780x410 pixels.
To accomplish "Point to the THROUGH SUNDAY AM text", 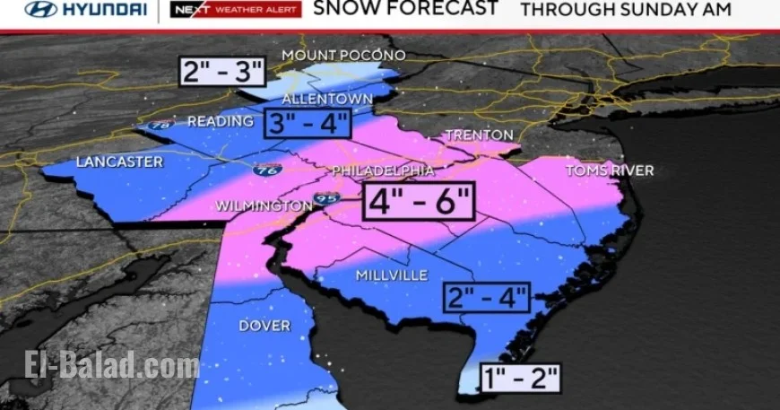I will pyautogui.click(x=626, y=10).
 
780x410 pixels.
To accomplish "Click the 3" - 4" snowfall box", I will pyautogui.click(x=306, y=123).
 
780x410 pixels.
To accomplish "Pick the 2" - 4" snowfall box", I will pyautogui.click(x=488, y=296).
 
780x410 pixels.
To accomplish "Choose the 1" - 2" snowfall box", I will pyautogui.click(x=519, y=377).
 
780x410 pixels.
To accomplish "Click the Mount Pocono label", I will pyautogui.click(x=343, y=56).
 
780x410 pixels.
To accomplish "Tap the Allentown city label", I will pyautogui.click(x=327, y=97).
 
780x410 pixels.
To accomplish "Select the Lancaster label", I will pyautogui.click(x=119, y=162).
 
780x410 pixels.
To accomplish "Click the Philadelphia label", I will pyautogui.click(x=383, y=170).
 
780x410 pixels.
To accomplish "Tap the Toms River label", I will pyautogui.click(x=610, y=170).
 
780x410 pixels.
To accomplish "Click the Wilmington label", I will pyautogui.click(x=262, y=206).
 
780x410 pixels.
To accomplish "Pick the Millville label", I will pyautogui.click(x=392, y=275).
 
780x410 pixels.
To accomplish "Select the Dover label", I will pyautogui.click(x=264, y=326).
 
